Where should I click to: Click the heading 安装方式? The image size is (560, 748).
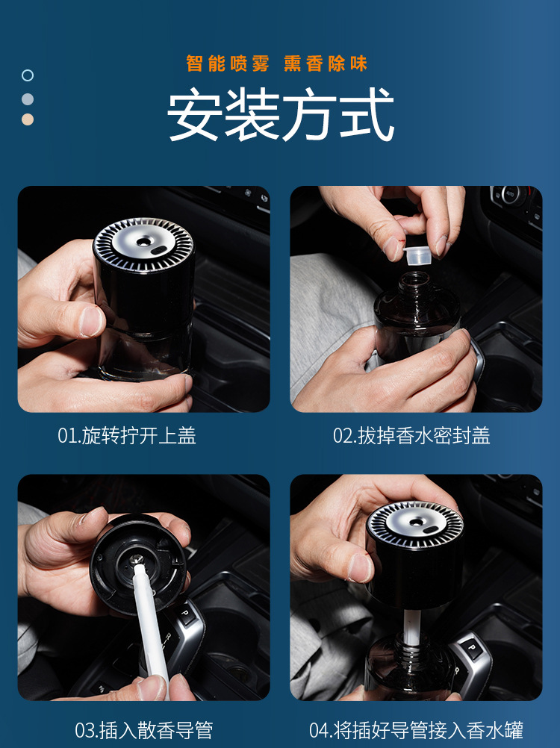(x=281, y=114)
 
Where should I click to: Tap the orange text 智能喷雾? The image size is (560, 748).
(x=228, y=63)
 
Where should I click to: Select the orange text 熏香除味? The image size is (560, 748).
(x=326, y=63)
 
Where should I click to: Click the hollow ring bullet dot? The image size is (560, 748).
(x=28, y=75)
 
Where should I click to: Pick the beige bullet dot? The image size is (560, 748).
(x=28, y=119)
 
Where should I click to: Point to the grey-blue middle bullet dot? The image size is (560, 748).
(x=28, y=99)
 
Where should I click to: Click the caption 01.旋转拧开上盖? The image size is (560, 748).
(x=127, y=435)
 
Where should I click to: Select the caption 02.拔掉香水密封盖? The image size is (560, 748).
(x=411, y=435)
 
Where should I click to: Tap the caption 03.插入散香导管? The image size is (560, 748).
(x=143, y=730)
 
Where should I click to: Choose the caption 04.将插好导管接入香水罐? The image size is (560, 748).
(x=417, y=730)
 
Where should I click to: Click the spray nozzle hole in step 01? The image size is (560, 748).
(x=143, y=242)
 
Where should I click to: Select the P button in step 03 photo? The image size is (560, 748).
(x=186, y=613)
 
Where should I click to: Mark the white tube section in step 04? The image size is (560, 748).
(x=412, y=626)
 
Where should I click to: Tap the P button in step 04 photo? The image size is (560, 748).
(x=472, y=648)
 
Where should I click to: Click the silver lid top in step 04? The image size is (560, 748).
(x=415, y=525)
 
